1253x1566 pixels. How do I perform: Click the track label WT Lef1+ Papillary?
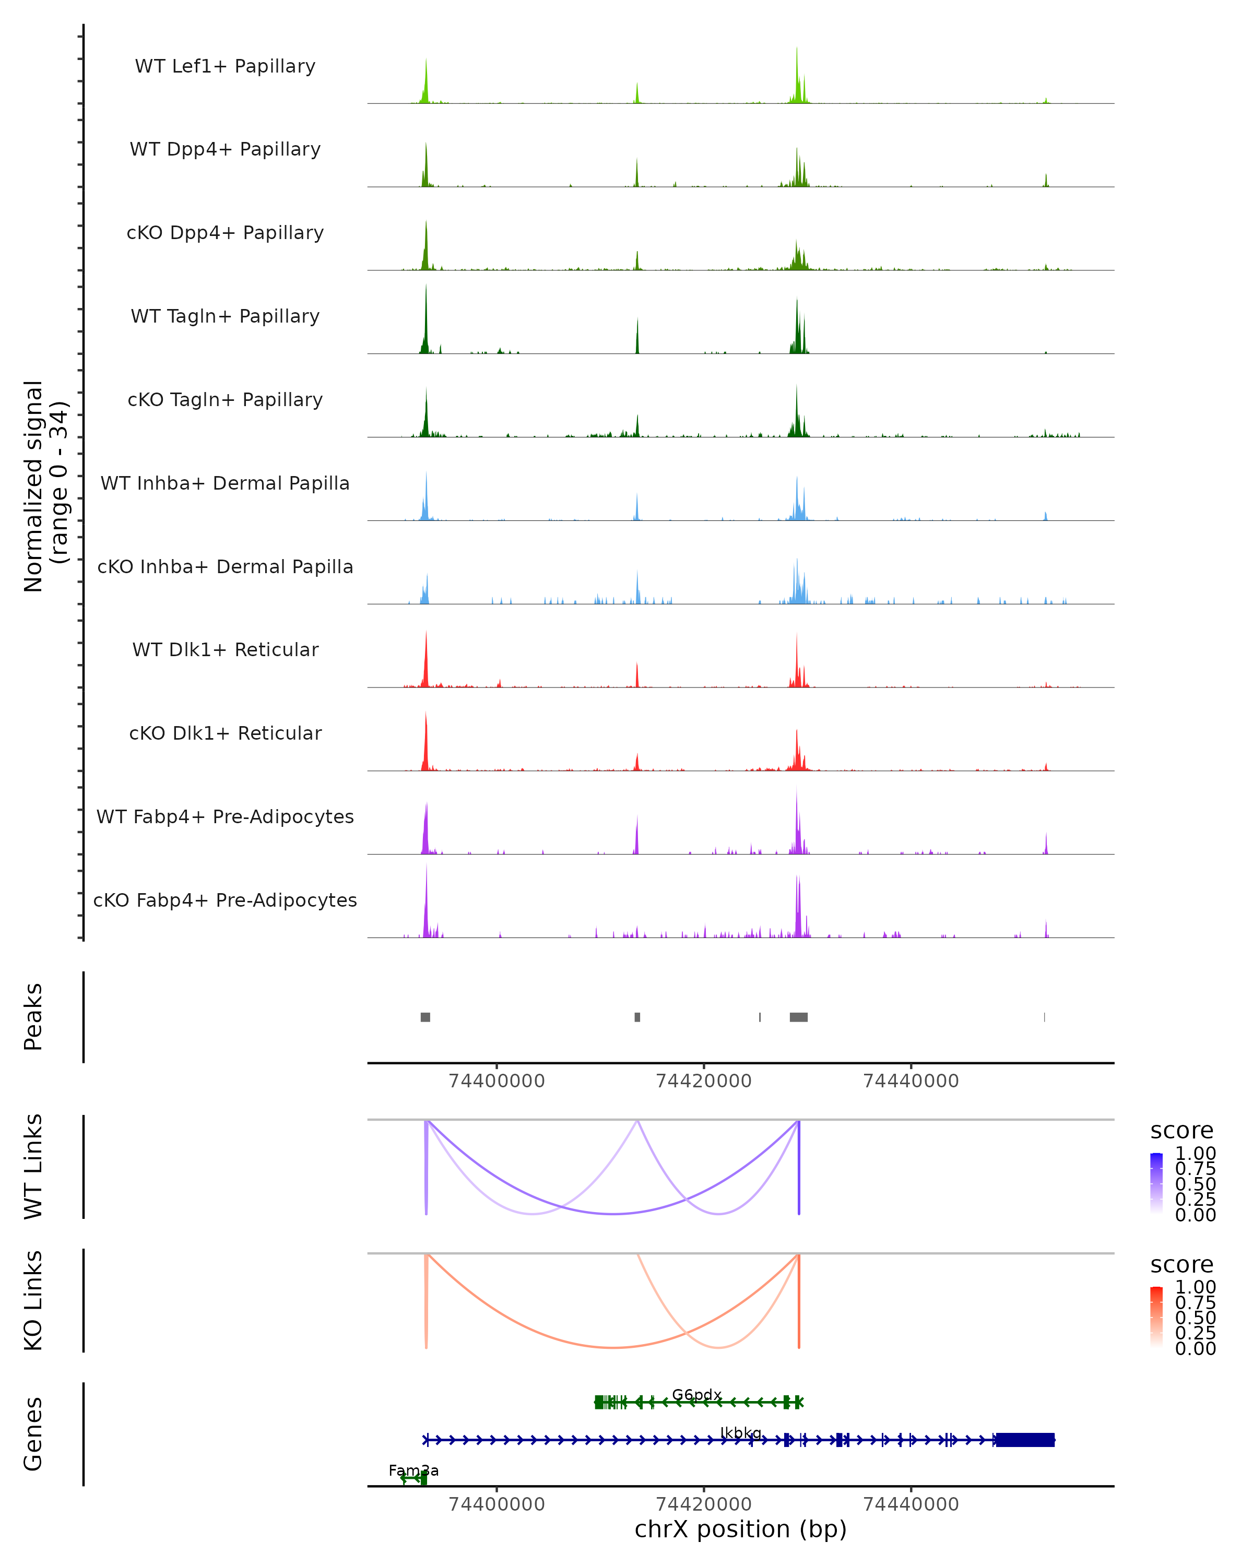click(x=225, y=66)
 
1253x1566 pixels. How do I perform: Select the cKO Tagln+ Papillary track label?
click(x=225, y=399)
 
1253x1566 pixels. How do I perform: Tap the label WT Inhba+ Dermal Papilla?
click(x=225, y=483)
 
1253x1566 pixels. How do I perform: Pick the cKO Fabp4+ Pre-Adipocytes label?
click(x=225, y=900)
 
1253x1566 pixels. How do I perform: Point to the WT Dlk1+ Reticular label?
click(x=225, y=649)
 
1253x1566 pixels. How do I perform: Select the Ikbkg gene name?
click(x=740, y=1432)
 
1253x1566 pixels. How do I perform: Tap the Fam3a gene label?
click(x=413, y=1470)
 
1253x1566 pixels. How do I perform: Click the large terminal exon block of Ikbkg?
click(x=1024, y=1440)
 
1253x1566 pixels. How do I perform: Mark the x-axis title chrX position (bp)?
click(x=740, y=1529)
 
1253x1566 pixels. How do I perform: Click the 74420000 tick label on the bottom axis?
click(x=703, y=1503)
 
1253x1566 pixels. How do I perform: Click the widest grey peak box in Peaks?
click(x=798, y=1017)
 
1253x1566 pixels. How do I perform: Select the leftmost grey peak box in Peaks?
click(x=425, y=1017)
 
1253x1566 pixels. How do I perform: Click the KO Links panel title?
click(x=33, y=1300)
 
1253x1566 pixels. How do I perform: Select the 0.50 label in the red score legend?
click(x=1195, y=1318)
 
